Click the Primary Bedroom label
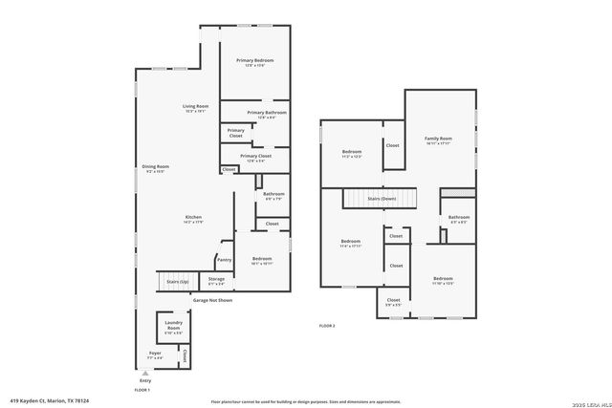coord(254,61)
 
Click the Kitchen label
coord(193,218)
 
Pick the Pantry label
coord(224,259)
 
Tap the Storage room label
coord(216,279)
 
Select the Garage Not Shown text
coord(212,300)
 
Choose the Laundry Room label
coord(173,324)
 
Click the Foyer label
coord(154,353)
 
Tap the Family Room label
coord(438,140)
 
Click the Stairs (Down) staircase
coord(382,198)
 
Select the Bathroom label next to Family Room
coord(459,218)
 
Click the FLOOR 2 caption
coord(327,326)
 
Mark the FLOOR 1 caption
coord(142,390)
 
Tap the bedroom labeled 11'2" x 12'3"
coord(351,153)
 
